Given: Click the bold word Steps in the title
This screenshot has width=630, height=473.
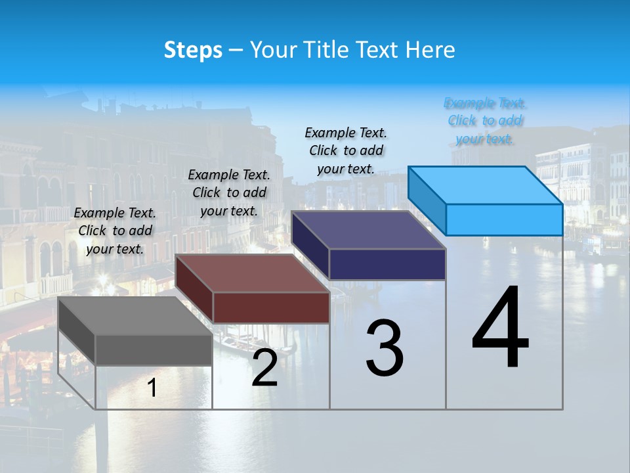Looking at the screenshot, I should tap(193, 50).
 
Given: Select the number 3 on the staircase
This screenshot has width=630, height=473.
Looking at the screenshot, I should tap(385, 348).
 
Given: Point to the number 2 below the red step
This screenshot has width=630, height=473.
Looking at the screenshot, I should tap(264, 368).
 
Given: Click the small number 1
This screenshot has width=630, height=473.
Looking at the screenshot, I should tap(152, 388).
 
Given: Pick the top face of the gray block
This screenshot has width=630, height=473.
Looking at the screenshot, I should tap(135, 315).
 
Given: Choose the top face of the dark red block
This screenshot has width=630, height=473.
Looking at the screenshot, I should tap(252, 273).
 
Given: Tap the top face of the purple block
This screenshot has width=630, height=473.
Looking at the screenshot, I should tap(368, 230).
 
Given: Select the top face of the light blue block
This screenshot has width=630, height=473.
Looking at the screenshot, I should tap(486, 185).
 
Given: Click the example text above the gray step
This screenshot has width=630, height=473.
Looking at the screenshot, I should tap(115, 231).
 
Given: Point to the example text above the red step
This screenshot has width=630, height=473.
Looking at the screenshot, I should tap(229, 192).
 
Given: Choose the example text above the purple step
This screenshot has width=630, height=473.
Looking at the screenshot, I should tap(346, 150).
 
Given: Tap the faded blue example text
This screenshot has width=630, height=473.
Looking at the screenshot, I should tap(485, 120).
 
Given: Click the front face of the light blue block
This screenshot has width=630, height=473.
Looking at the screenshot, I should tap(504, 219).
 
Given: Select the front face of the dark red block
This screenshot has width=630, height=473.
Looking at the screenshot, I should tap(271, 307).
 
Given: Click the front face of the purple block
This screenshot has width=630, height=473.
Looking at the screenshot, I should tap(387, 264).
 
